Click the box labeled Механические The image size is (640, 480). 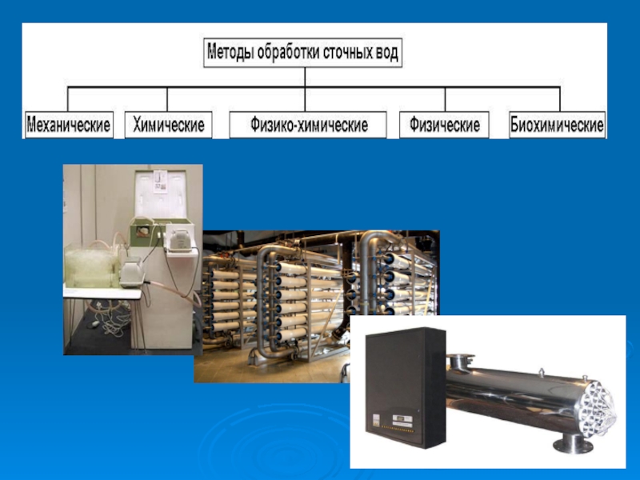69,125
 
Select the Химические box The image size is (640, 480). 168,125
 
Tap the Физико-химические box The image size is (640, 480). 308,125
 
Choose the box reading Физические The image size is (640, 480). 444,125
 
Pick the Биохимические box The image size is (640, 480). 558,125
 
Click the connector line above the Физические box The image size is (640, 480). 445,98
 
